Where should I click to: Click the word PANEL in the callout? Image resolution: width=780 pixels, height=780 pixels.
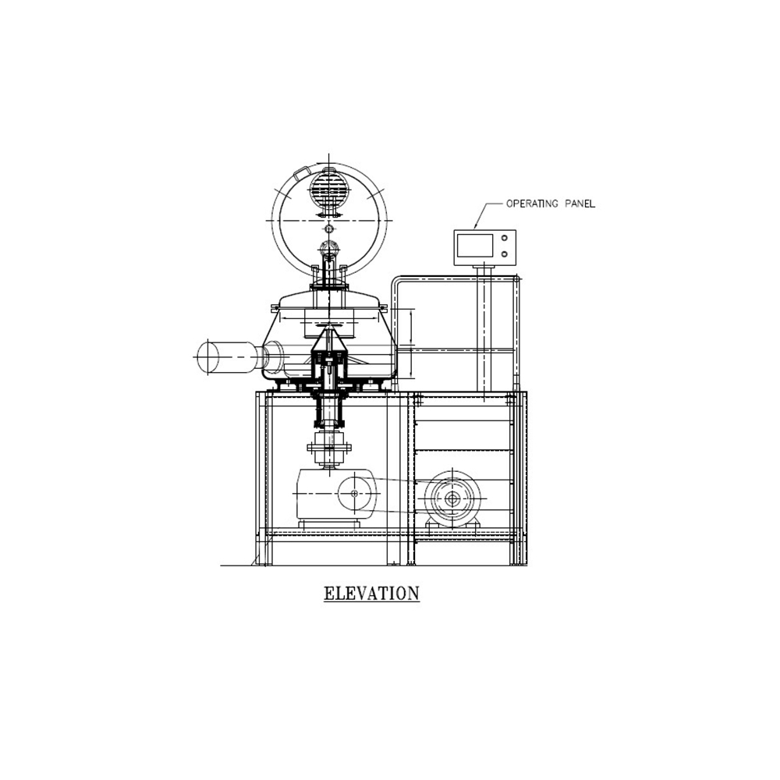pos(580,204)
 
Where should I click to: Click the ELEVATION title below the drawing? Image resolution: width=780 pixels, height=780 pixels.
pos(371,594)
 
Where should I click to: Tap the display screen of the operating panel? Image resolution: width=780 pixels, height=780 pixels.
pos(475,246)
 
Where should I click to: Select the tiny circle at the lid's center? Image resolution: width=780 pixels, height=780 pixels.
pos(328,229)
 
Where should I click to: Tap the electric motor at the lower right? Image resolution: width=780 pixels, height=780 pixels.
pos(452,499)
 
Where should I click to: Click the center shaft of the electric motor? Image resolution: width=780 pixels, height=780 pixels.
pos(452,499)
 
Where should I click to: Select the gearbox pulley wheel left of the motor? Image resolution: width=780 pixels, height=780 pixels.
pos(355,493)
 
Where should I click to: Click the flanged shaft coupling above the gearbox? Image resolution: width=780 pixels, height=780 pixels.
pos(329,447)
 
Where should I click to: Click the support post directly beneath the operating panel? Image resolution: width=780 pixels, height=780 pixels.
pos(484,328)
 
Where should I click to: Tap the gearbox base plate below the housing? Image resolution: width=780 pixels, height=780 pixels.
pos(329,524)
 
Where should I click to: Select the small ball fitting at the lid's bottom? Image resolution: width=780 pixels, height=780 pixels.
pos(328,247)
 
